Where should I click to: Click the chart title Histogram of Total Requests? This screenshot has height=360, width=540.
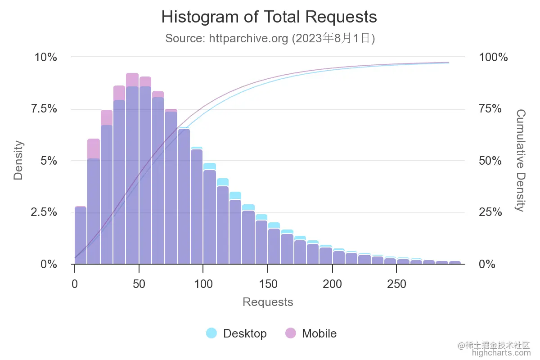tap(269, 17)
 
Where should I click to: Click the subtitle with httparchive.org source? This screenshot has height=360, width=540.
tap(270, 38)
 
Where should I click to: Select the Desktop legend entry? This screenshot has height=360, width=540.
tap(237, 333)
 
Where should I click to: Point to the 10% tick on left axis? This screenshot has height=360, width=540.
tap(46, 57)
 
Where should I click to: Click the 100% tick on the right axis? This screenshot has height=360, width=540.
tap(493, 57)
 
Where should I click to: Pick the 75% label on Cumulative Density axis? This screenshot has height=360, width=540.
tap(490, 109)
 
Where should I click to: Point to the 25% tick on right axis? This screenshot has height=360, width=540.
tap(490, 212)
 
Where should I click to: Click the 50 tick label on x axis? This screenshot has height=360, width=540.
tap(139, 284)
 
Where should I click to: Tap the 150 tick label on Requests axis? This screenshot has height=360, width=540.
tap(268, 284)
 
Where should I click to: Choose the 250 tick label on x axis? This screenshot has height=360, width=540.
tap(396, 284)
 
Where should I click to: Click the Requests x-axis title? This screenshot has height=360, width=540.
tap(268, 302)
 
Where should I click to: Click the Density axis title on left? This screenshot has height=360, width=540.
tap(18, 160)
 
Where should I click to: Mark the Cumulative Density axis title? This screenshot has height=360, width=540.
tap(520, 160)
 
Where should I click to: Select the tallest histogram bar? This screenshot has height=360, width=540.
tap(132, 171)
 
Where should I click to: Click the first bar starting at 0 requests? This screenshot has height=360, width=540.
tap(80, 236)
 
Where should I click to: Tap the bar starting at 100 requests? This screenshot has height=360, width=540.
tap(209, 216)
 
